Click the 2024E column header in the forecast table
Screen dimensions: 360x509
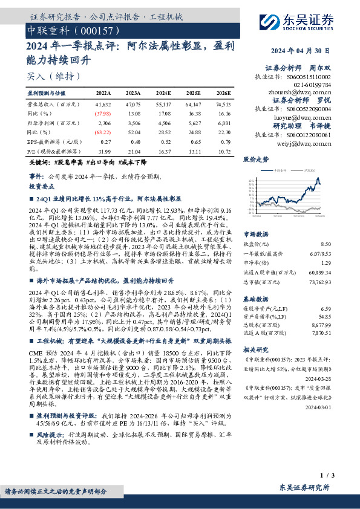pyautogui.click(x=163, y=93)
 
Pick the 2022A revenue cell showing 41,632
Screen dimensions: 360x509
pyautogui.click(x=103, y=104)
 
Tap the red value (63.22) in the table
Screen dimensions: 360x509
pyautogui.click(x=103, y=132)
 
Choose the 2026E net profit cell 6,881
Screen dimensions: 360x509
pyautogui.click(x=224, y=123)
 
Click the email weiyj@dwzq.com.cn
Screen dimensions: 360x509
pyautogui.click(x=310, y=144)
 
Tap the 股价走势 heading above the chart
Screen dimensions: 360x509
pyautogui.click(x=255, y=160)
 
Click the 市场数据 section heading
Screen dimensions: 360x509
pyautogui.click(x=255, y=233)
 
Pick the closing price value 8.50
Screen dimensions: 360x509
pyautogui.click(x=326, y=244)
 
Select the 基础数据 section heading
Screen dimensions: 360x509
pyautogui.click(x=255, y=299)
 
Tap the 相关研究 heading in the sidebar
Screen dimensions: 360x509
pyautogui.click(x=255, y=349)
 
